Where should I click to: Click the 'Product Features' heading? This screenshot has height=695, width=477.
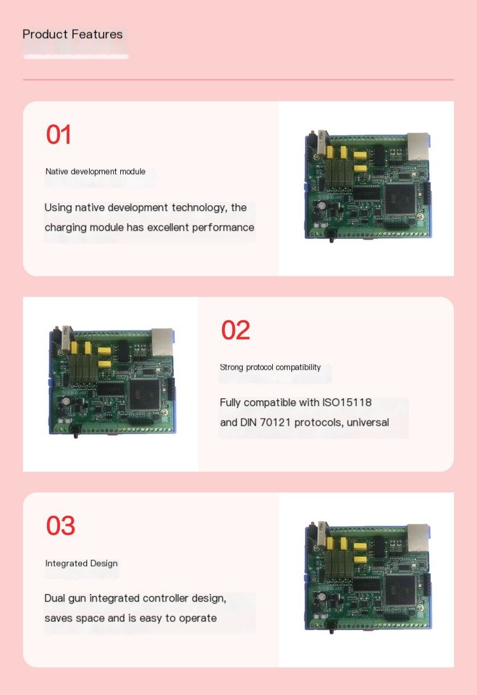click(73, 34)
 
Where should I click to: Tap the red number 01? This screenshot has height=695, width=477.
click(59, 134)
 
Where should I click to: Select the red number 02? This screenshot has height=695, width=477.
click(235, 330)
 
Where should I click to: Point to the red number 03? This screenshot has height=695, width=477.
click(61, 525)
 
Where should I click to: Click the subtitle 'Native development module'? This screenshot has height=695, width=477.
click(95, 172)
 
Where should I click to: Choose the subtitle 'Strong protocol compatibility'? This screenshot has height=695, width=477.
click(270, 367)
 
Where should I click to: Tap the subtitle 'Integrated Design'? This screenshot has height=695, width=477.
click(81, 563)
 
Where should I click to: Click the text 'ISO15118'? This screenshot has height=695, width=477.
click(347, 403)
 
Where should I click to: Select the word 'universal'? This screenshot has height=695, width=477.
click(368, 422)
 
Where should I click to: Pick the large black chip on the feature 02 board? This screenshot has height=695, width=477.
click(144, 394)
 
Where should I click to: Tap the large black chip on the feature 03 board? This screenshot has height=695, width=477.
click(401, 590)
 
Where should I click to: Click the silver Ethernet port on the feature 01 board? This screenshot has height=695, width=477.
click(418, 145)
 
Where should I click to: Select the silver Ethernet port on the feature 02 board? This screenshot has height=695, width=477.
click(162, 341)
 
